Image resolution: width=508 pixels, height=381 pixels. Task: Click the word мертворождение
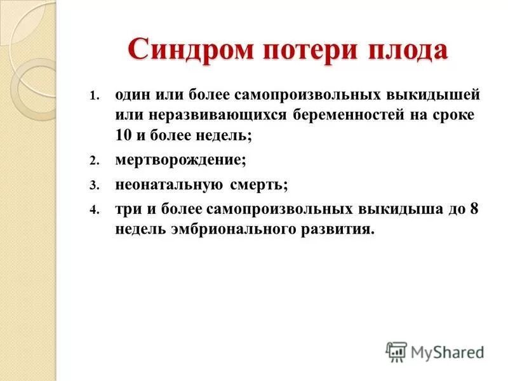click(x=180, y=161)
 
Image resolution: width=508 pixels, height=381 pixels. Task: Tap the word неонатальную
click(x=169, y=185)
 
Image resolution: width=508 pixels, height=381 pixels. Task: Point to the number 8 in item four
click(x=473, y=210)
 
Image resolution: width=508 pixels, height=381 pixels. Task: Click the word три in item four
click(x=126, y=210)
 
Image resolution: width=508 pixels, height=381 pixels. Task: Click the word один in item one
click(x=134, y=96)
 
